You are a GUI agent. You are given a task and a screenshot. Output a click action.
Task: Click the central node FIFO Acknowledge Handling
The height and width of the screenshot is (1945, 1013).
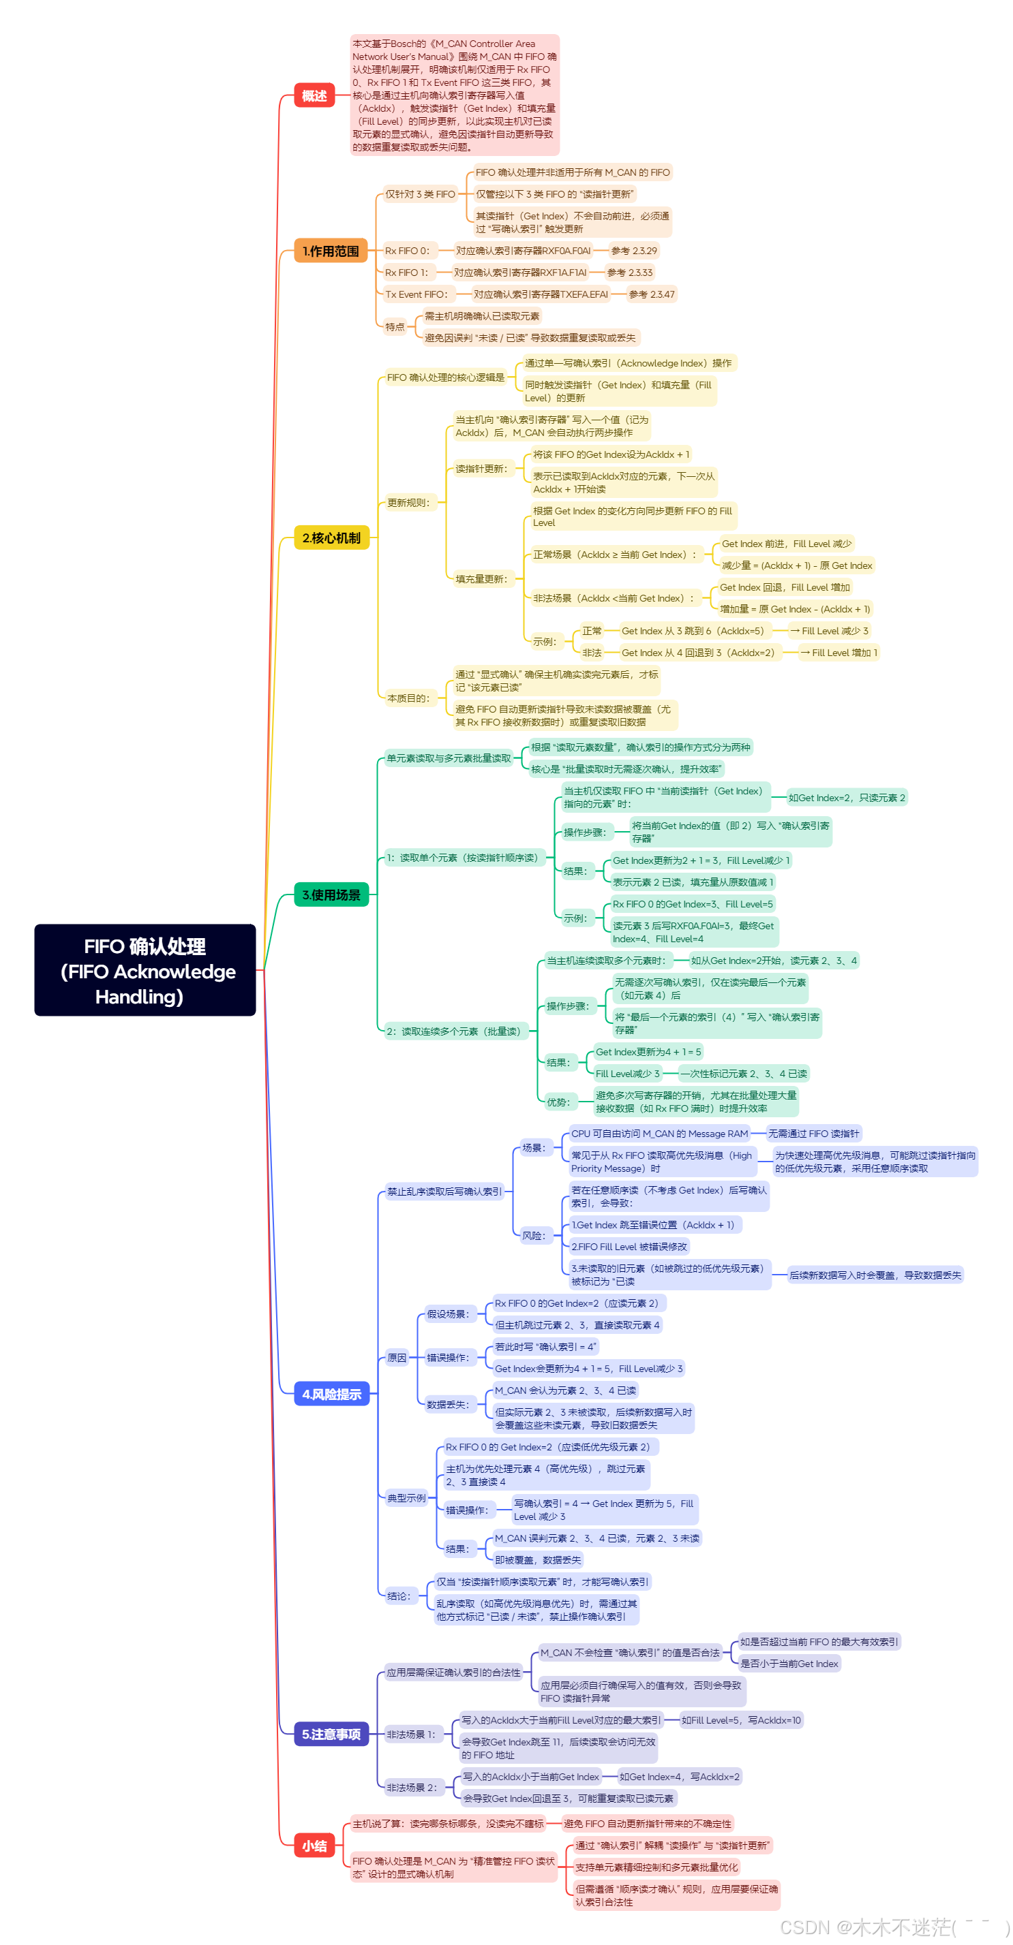145,970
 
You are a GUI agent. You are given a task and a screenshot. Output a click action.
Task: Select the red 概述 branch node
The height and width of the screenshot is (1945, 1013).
314,96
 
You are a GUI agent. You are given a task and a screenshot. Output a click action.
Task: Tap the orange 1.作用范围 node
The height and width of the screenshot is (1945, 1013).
330,251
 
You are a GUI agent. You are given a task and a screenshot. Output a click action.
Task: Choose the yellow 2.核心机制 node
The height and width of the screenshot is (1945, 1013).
331,538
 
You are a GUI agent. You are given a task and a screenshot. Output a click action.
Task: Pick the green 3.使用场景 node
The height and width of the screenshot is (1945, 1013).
331,894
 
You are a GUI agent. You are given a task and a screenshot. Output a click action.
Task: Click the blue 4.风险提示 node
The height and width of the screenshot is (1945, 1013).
331,1394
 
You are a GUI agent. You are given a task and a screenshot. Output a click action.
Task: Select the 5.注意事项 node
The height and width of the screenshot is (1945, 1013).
331,1734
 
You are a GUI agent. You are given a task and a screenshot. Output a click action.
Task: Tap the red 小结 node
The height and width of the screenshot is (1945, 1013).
314,1846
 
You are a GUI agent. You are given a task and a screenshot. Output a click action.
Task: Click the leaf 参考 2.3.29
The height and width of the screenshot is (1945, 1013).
634,251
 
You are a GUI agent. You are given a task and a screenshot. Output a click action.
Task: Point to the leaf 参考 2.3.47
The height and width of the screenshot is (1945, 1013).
651,294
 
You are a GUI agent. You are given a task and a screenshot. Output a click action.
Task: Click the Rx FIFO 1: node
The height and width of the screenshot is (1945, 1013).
406,273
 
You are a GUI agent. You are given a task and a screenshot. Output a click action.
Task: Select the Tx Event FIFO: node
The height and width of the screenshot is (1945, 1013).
417,294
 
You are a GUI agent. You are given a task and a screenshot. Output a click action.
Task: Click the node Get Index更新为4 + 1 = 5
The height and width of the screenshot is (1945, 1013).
648,1052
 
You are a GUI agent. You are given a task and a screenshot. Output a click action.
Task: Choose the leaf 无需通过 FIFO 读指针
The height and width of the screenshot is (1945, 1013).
813,1134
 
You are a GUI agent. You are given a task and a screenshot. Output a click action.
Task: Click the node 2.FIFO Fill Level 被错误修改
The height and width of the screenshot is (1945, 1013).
629,1247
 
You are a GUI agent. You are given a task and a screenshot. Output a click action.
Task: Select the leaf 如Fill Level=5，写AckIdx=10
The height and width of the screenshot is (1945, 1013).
741,1720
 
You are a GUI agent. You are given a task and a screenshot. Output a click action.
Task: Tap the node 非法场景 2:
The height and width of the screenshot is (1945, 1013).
412,1787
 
